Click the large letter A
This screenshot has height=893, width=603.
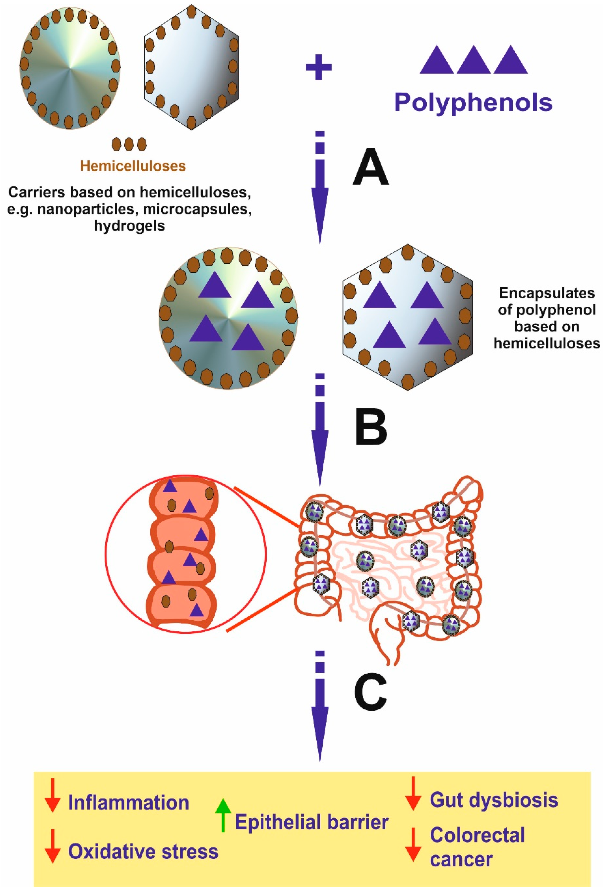tap(370, 168)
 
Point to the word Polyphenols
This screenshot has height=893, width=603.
tap(473, 102)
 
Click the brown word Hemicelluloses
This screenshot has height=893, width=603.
tap(133, 166)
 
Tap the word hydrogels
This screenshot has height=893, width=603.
tap(130, 226)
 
